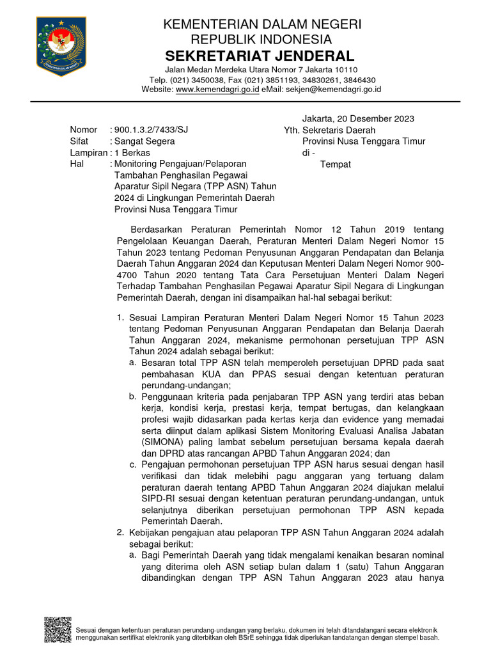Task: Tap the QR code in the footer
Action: click(57, 629)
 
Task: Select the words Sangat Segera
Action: click(144, 141)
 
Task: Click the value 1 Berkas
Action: click(132, 153)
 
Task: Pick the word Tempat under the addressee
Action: click(336, 164)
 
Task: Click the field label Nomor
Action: click(84, 130)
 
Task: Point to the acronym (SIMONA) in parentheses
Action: click(162, 441)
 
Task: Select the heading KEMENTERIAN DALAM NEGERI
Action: click(263, 24)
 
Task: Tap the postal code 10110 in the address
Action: click(345, 70)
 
